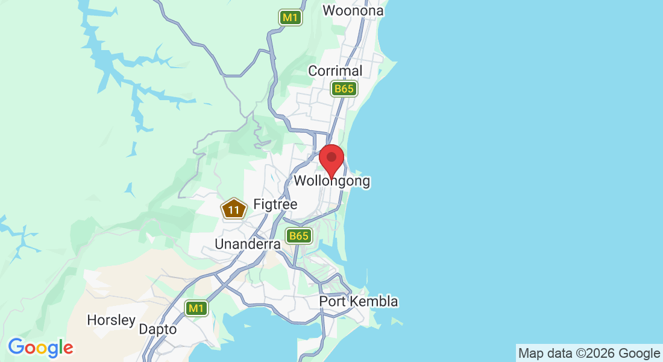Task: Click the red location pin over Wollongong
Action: pos(331,159)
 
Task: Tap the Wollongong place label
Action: pos(331,180)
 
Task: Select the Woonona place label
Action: pos(353,10)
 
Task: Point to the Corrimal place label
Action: pos(335,71)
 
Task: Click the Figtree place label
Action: pos(275,205)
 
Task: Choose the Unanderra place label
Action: pos(248,244)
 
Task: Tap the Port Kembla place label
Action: pos(359,301)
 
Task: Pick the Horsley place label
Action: pos(112,320)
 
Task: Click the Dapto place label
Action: pos(158,329)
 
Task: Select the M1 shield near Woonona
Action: pos(291,17)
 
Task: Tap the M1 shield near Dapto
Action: pos(196,308)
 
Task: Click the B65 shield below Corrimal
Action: pos(344,89)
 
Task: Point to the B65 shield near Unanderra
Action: pos(298,236)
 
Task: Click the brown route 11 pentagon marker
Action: pos(234,209)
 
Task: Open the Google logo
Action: pos(40,348)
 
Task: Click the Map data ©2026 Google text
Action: pos(589,353)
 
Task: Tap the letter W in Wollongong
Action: pos(300,180)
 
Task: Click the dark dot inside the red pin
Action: pos(331,157)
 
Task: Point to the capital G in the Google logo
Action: pos(16,347)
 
